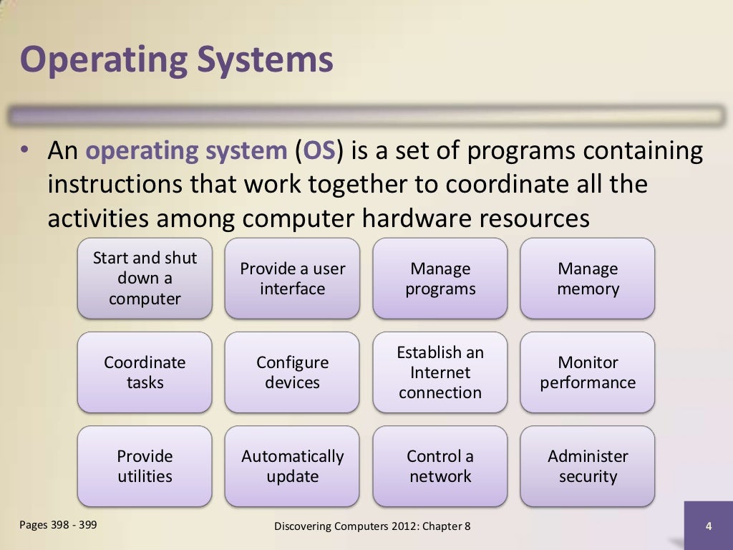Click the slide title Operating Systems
pyautogui.click(x=176, y=60)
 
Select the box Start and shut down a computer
pyautogui.click(x=145, y=279)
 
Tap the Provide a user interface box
pyautogui.click(x=292, y=279)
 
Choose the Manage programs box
pyautogui.click(x=440, y=279)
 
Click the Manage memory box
pyautogui.click(x=588, y=279)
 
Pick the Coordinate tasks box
pyautogui.click(x=145, y=372)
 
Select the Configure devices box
pyautogui.click(x=292, y=372)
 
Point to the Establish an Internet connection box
pyautogui.click(x=440, y=372)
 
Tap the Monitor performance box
pyautogui.click(x=588, y=372)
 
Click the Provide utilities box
pyautogui.click(x=145, y=466)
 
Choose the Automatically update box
pyautogui.click(x=292, y=466)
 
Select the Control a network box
pyautogui.click(x=440, y=466)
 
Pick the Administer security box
pyautogui.click(x=588, y=466)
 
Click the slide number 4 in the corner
pyautogui.click(x=708, y=527)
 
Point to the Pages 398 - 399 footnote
pyautogui.click(x=58, y=525)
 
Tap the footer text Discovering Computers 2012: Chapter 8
pyautogui.click(x=372, y=527)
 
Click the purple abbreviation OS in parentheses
pyautogui.click(x=319, y=152)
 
